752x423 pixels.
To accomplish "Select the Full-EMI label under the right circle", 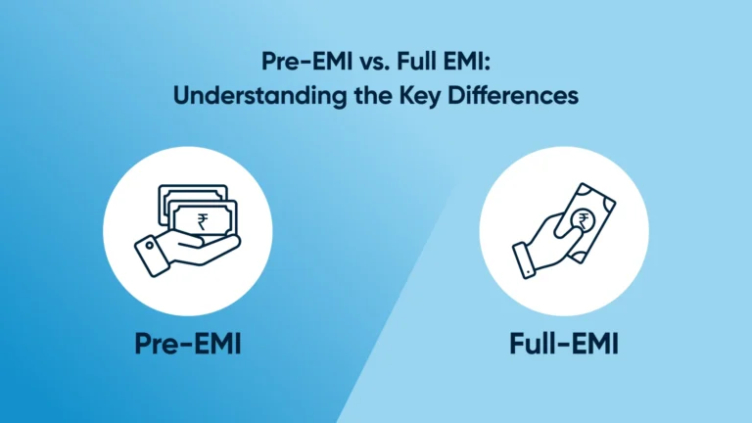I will [x=564, y=344].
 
